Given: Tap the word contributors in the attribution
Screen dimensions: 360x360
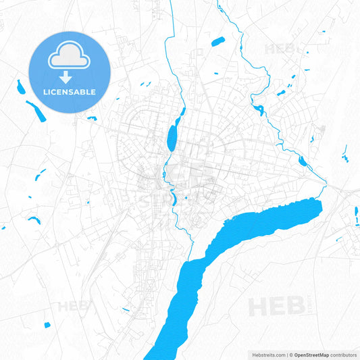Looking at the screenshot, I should [x=345, y=354].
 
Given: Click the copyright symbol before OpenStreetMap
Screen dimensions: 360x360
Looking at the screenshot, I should [x=290, y=354].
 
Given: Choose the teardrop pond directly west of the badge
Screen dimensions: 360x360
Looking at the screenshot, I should [x=19, y=86].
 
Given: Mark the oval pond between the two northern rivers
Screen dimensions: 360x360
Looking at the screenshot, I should [x=217, y=42].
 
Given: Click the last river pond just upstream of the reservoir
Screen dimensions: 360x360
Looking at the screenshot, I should [x=303, y=161].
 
